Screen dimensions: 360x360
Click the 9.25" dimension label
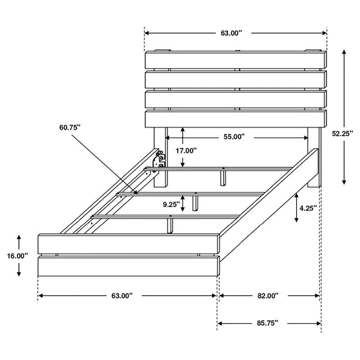click(171, 204)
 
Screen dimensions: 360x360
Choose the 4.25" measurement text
click(308, 208)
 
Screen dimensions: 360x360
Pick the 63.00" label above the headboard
click(230, 33)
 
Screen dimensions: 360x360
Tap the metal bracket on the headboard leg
click(159, 162)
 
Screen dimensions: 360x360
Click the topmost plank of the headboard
click(235, 60)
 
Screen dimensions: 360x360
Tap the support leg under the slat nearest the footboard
click(171, 225)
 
